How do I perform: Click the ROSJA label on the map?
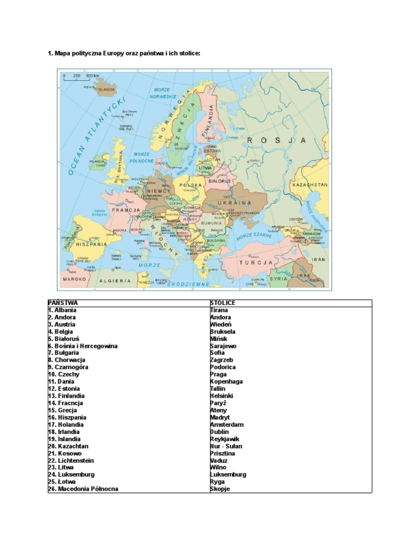277,140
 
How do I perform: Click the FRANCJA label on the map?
126,210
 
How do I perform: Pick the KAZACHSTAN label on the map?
309,184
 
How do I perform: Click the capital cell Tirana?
219,310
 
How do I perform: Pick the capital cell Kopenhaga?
226,382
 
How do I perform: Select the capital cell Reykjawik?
225,439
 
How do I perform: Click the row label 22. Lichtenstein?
71,460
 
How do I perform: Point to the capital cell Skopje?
220,489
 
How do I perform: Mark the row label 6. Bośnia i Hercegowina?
82,346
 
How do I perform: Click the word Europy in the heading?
114,54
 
